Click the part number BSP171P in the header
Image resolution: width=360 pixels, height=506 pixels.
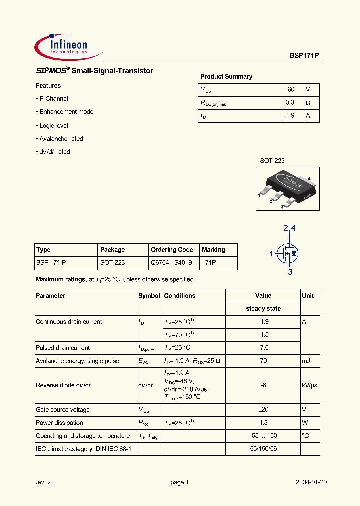click(304, 57)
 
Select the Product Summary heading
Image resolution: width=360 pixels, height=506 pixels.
click(226, 77)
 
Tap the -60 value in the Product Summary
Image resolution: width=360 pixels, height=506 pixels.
click(290, 90)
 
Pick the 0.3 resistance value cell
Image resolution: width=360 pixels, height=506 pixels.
click(290, 103)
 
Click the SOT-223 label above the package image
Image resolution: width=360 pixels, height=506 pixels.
click(272, 161)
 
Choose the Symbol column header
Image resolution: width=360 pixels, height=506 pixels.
click(149, 296)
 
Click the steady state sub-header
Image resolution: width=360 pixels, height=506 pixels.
click(263, 309)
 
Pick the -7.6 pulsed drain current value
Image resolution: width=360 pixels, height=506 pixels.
click(263, 348)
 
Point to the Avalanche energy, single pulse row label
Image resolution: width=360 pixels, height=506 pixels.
click(77, 361)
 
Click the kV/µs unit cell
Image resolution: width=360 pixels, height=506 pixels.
click(309, 385)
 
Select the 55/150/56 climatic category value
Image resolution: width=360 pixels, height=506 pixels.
click(263, 449)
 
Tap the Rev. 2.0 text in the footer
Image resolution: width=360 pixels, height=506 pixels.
click(45, 483)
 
